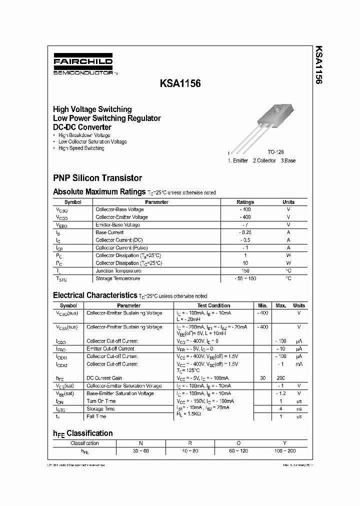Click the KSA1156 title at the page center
[180, 84]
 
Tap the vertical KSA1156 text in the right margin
[318, 65]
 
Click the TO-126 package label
[275, 152]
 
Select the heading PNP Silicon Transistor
[97, 178]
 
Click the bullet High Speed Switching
[81, 148]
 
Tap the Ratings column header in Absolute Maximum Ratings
[245, 202]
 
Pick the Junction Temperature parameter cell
[117, 271]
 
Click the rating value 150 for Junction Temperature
[245, 271]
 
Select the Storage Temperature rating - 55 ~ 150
[245, 278]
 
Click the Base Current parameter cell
[109, 232]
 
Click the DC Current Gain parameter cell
[104, 378]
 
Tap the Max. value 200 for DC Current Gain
[280, 378]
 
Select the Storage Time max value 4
[280, 408]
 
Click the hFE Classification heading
[83, 433]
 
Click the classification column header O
[238, 443]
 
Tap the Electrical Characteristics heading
[94, 295]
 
